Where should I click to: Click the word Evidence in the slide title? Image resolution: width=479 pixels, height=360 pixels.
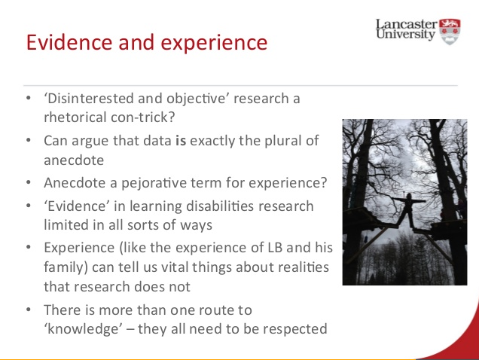[x=69, y=42]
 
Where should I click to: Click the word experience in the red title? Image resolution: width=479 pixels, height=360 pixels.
[x=214, y=43]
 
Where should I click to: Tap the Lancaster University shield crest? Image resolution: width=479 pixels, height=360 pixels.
[x=450, y=32]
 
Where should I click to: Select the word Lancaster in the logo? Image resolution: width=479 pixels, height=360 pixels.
[x=406, y=24]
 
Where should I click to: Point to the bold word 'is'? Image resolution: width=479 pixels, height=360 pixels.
[x=181, y=141]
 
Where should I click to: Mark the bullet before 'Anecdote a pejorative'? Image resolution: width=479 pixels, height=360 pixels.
[x=29, y=182]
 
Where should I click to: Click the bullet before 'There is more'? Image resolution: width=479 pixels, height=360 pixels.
[x=29, y=310]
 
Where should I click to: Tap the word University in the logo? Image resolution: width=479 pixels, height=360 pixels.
[x=406, y=34]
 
